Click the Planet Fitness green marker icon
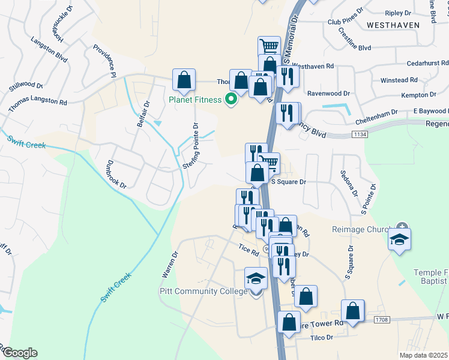click(230, 100)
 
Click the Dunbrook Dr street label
click(116, 174)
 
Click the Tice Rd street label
click(247, 249)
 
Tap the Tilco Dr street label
click(321, 338)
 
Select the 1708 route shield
click(382, 320)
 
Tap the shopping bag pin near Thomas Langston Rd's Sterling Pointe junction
click(184, 80)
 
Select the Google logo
click(19, 353)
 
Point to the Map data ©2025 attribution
click(423, 355)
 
